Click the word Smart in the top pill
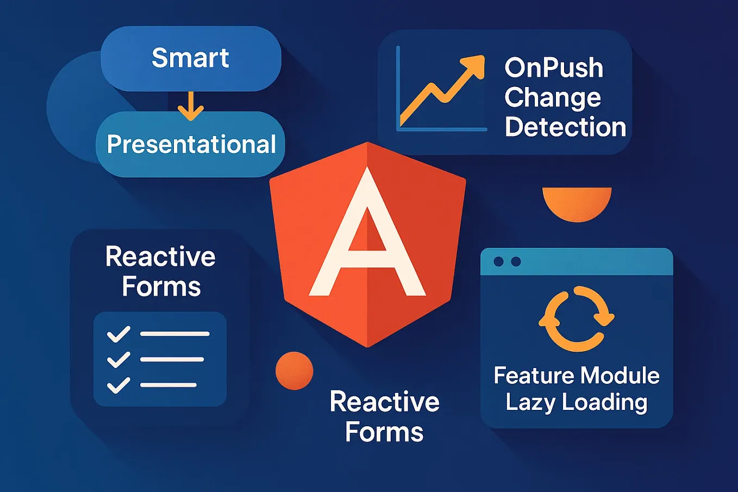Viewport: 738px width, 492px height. point(190,58)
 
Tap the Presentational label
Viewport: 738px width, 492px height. point(191,144)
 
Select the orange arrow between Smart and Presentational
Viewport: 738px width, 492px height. point(190,106)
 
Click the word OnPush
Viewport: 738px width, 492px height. point(554,68)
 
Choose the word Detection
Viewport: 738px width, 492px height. point(565,127)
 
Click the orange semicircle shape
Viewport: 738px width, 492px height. point(577,202)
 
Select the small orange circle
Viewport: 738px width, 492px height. point(294,371)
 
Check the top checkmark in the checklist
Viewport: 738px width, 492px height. point(118,334)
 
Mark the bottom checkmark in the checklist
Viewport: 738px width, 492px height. point(118,385)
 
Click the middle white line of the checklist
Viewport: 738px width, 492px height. point(172,359)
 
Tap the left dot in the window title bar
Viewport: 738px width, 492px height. point(498,262)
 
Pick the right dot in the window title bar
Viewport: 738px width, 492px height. point(516,262)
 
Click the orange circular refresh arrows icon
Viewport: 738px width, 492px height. point(576,319)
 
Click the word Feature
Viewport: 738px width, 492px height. point(533,376)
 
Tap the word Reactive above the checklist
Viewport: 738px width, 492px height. point(160,257)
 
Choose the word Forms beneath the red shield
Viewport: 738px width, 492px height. point(384,432)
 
